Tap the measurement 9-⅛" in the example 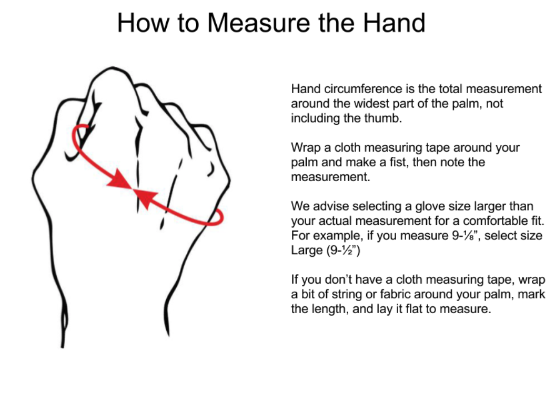(x=465, y=236)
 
